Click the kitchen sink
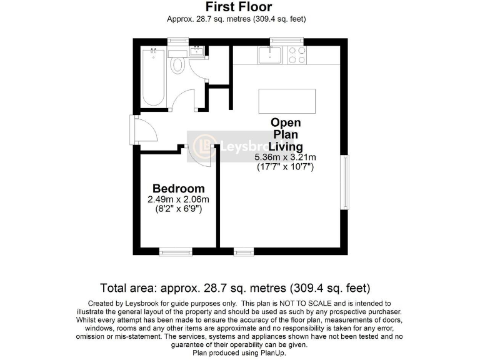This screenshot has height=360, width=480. point(271,57)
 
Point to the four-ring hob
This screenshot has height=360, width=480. point(296,56)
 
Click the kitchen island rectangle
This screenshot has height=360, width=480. point(287,99)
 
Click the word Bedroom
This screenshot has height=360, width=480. point(179,188)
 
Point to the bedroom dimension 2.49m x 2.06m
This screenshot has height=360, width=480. point(179,199)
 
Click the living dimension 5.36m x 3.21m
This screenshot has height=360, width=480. point(285,157)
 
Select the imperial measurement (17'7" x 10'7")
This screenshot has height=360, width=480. point(285,167)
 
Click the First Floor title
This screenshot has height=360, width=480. point(239,7)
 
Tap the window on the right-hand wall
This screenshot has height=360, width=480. point(345,182)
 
